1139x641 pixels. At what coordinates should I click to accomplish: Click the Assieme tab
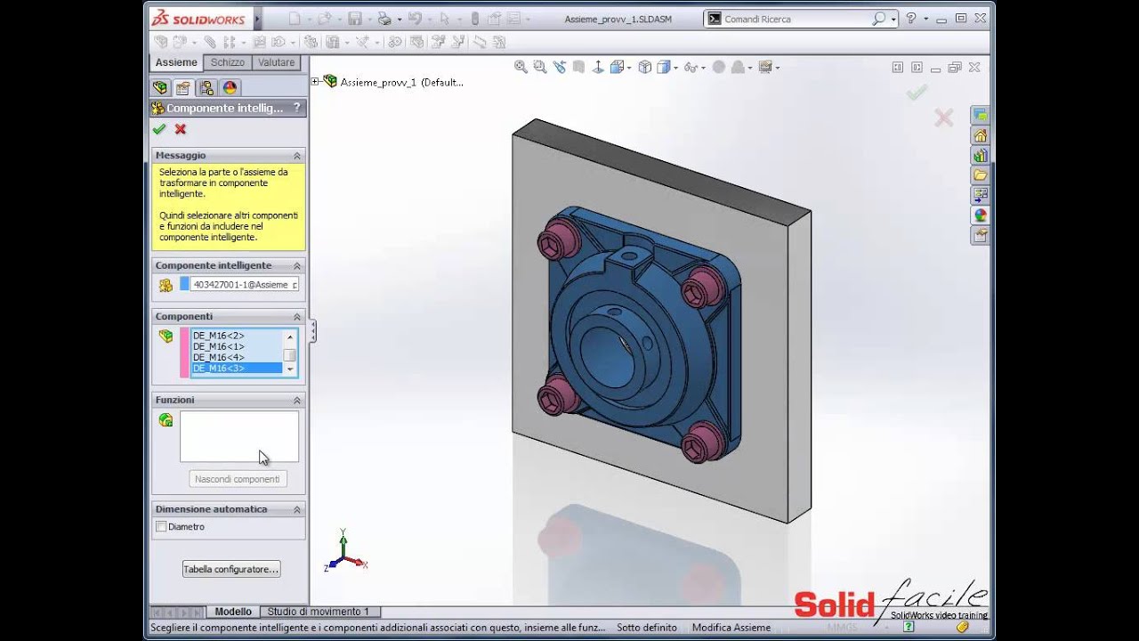(176, 62)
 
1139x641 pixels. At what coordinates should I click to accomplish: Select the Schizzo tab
(228, 62)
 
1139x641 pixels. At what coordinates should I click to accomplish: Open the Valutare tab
(276, 62)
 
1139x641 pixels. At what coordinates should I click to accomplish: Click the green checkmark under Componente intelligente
(159, 129)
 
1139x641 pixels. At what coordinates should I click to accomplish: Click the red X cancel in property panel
(181, 129)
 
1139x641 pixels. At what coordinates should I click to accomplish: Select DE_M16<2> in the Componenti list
(218, 336)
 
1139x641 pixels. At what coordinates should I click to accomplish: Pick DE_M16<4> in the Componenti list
(218, 357)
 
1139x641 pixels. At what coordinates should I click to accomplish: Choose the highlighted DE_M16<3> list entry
(218, 368)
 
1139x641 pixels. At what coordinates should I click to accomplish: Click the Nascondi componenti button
(237, 479)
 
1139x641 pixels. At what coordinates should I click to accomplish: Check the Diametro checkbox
(161, 527)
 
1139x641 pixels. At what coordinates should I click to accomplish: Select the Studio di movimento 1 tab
(318, 612)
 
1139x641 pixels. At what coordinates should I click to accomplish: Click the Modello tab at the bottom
(233, 612)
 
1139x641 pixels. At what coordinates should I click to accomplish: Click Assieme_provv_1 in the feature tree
(401, 82)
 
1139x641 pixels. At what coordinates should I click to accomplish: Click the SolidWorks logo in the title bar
(198, 19)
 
